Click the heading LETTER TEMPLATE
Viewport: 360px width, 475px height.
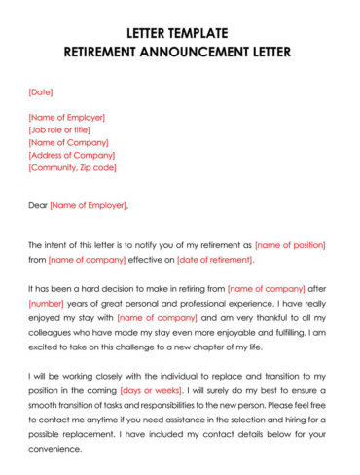click(179, 32)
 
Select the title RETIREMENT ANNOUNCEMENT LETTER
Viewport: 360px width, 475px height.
click(179, 51)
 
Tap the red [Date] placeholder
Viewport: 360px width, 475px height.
click(41, 92)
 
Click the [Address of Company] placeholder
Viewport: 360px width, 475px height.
click(71, 155)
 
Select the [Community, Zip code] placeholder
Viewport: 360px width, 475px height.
click(72, 167)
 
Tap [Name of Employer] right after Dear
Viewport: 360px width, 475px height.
click(88, 205)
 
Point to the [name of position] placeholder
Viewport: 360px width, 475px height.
click(290, 245)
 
